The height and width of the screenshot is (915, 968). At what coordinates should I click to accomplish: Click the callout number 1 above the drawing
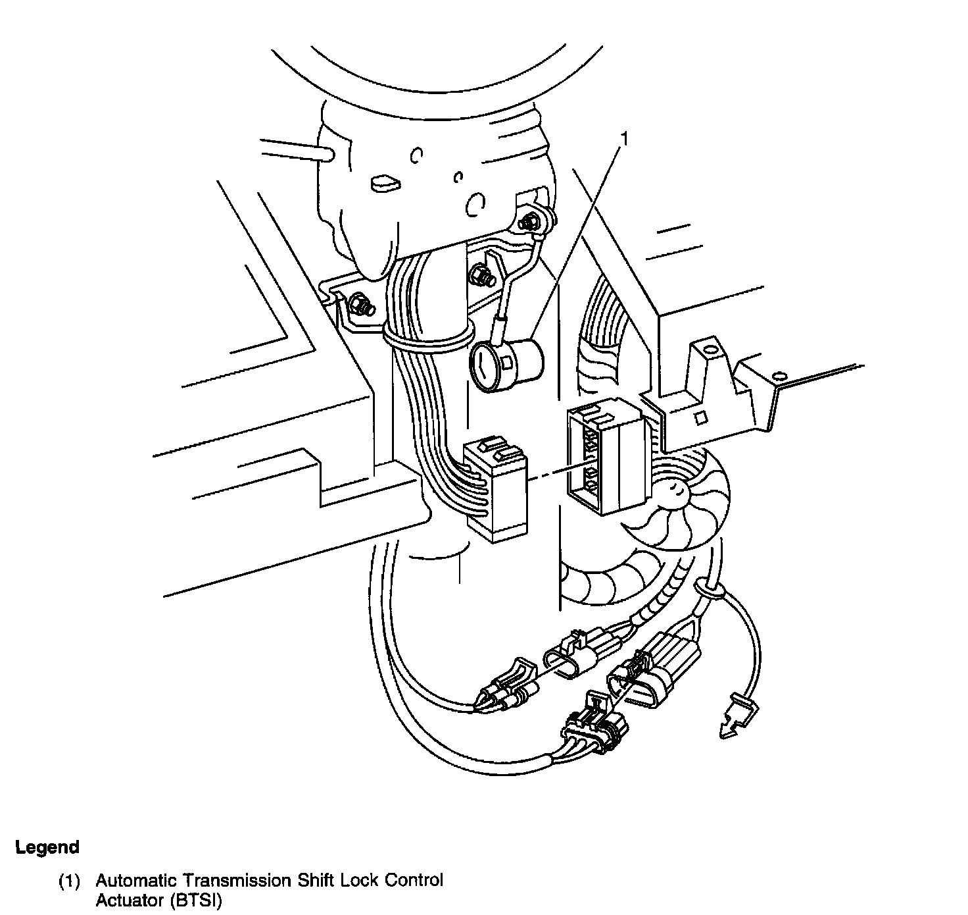[625, 140]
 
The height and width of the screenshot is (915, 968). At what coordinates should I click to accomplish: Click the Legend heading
[47, 847]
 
